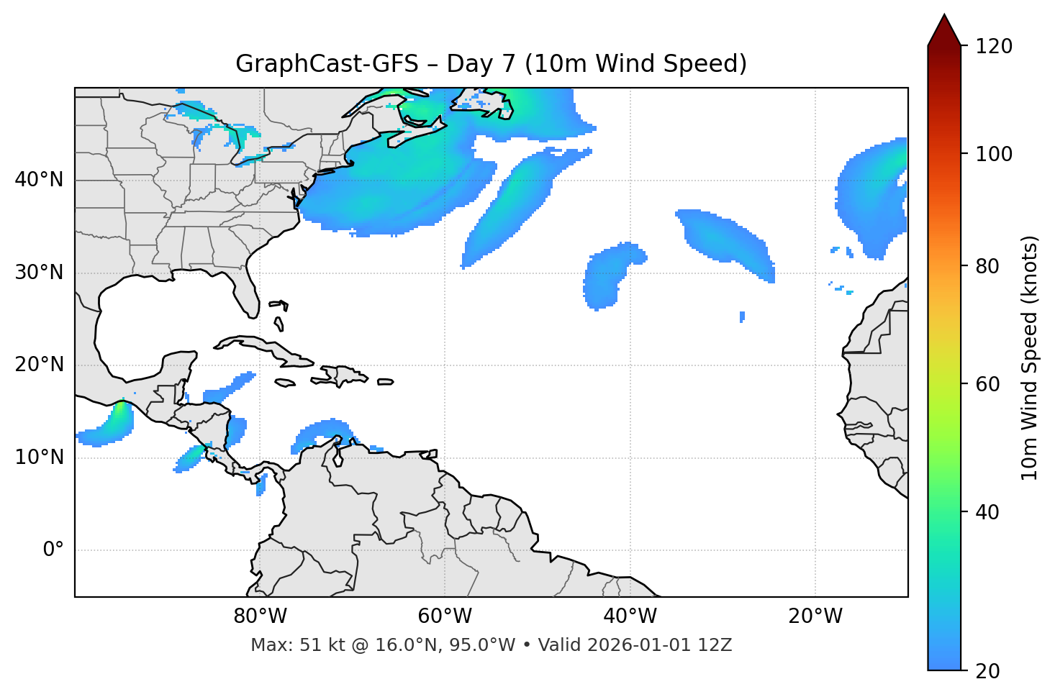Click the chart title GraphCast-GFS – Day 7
coord(491,64)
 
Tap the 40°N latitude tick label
coord(40,179)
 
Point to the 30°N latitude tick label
coord(40,273)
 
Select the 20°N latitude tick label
coord(40,365)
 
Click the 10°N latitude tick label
coord(40,457)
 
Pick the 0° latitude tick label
coord(53,550)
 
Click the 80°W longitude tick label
coord(260,616)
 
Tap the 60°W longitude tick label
coord(445,616)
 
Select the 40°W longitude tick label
coord(630,616)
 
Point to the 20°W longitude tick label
coord(815,616)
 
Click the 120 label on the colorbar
coord(994,47)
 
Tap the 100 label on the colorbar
coord(994,154)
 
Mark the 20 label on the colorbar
coord(987,671)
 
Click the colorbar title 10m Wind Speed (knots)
coord(1030,357)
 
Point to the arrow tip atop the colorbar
coord(944,16)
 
